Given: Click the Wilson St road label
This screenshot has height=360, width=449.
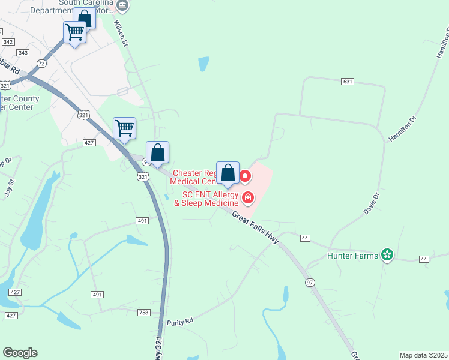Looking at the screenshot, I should coord(121,34).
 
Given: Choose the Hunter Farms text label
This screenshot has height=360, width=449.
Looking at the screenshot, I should coord(352,256).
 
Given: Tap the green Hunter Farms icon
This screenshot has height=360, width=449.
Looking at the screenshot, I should coord(387,256).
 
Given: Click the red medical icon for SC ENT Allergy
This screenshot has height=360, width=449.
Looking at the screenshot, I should coord(247,197).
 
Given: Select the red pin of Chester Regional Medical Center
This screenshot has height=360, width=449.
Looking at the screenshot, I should coord(245,176).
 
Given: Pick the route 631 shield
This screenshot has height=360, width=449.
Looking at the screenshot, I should coord(347,81).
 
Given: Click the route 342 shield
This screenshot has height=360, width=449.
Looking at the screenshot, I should coord(8,41).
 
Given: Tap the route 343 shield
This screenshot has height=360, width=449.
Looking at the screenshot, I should coord(23,53).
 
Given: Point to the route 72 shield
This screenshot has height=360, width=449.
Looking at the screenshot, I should coord(41,63).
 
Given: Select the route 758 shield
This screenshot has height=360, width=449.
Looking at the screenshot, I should coord(143,313).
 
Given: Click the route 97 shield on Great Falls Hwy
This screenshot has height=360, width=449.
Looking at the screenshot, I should coord(310,282).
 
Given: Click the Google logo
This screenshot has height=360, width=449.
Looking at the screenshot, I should coord(20,353).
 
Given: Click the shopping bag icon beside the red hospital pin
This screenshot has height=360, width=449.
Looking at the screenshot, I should coord(228,174).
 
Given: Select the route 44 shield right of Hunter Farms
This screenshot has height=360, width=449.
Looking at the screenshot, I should coord(424,259).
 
